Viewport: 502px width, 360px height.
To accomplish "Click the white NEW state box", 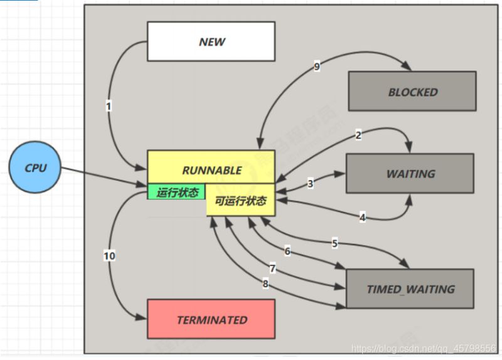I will pos(211,42).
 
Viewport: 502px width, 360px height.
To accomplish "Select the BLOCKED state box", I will pos(412,92).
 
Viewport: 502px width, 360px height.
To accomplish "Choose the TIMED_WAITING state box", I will pos(410,289).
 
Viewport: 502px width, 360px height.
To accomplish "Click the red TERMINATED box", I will pos(211,319).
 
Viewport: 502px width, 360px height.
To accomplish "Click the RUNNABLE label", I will pos(211,170).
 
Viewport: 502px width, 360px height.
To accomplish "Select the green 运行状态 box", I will pos(176,192).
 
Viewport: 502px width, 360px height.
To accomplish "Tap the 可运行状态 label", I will pos(241,201).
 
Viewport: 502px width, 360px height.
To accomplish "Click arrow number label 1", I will pos(109,107).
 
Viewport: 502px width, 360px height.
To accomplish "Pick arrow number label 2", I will pos(358,134).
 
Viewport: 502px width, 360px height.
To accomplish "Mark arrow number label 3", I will pos(310,184).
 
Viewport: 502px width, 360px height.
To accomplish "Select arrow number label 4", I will pos(362,218).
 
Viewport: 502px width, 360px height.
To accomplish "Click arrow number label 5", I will pos(334,243).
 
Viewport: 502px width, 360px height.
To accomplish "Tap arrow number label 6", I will pos(287,251).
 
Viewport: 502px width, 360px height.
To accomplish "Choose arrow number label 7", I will pos(272,268).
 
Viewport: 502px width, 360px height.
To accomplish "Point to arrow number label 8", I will pos(265,284).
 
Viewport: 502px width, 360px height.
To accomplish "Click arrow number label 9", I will pos(317,67).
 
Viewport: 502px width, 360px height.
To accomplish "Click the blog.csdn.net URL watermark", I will pos(424,347).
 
